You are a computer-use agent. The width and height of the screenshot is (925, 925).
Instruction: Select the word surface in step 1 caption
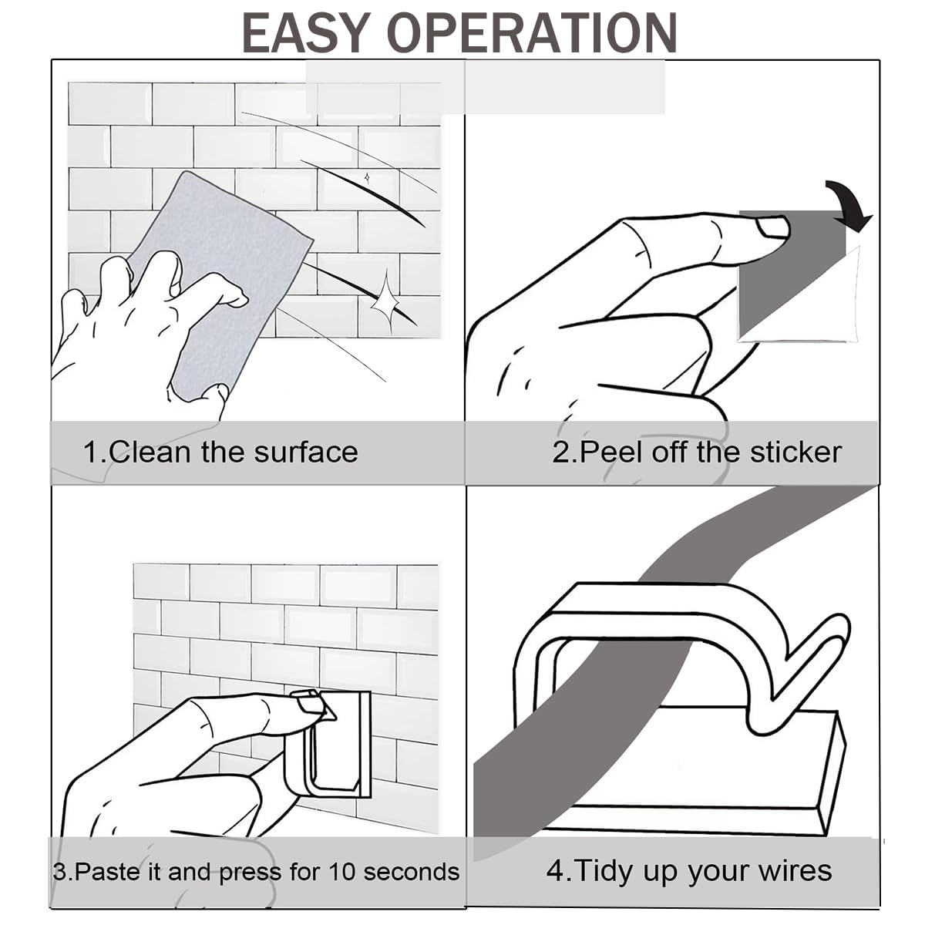pos(306,452)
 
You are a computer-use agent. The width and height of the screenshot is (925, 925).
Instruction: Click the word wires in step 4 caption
pos(794,871)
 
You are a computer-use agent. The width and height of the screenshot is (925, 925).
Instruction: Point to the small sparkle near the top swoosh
pos(367,178)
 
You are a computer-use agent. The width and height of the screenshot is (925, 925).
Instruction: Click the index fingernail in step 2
pos(772,227)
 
